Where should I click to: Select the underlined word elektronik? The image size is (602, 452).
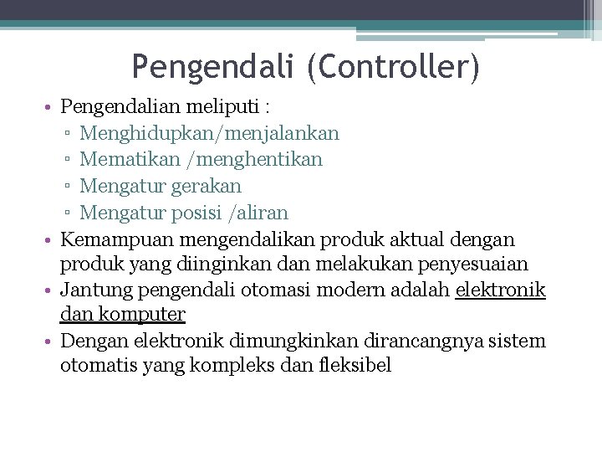coord(500,290)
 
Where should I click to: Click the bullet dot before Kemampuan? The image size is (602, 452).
coord(51,239)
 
